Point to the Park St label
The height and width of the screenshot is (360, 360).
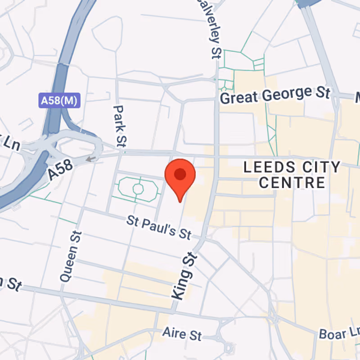pos(119,126)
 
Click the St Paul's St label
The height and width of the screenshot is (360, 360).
pos(159,227)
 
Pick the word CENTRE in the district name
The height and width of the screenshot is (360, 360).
pos(292,183)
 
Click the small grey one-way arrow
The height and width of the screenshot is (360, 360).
pos(91,158)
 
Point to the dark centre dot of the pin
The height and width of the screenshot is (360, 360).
pos(180,174)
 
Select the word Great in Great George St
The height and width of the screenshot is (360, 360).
pos(238,97)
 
